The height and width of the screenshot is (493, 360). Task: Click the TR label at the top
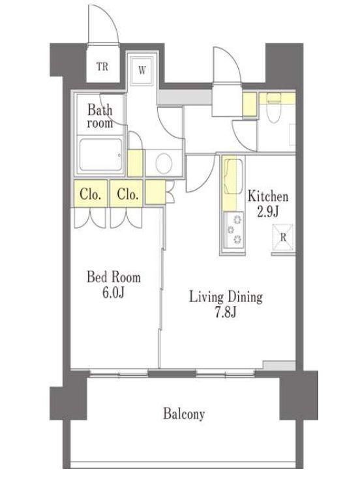coord(102,67)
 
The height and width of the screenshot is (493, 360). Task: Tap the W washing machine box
coord(142,70)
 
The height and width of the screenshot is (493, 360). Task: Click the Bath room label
coord(100,116)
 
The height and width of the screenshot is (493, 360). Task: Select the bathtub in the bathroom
coord(100,155)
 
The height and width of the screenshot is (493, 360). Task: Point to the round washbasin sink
coord(164,164)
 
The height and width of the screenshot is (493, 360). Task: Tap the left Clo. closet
coord(91,194)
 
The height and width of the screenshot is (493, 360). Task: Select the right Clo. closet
coord(127,194)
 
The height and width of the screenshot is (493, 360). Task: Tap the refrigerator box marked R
coord(282,237)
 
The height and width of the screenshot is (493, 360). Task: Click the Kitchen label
coord(268,196)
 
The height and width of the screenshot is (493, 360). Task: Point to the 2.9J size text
coord(268,212)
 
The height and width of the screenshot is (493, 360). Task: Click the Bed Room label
coord(113,277)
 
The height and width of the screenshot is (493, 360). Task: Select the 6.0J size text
coord(113,293)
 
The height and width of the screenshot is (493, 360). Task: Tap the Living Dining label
coord(226,297)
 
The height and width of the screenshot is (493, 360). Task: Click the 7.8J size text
coord(226,313)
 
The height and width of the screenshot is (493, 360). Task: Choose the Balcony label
coord(184,413)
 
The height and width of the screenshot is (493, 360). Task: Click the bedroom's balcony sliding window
coord(119,374)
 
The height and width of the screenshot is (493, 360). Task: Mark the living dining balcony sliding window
coord(226,374)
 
